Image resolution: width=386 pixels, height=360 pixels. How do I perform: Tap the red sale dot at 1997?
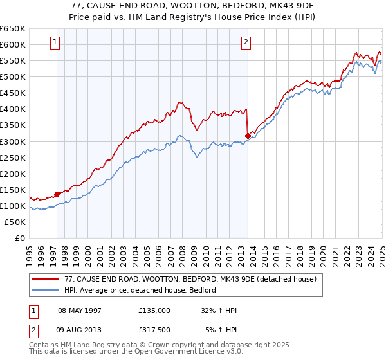click(x=57, y=194)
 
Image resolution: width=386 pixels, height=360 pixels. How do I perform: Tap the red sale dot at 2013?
click(x=248, y=135)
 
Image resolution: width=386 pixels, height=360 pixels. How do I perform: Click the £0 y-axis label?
click(x=19, y=238)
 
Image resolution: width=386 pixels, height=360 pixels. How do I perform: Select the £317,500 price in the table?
click(x=154, y=330)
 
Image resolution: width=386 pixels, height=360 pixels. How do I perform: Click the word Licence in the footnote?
click(x=183, y=352)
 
